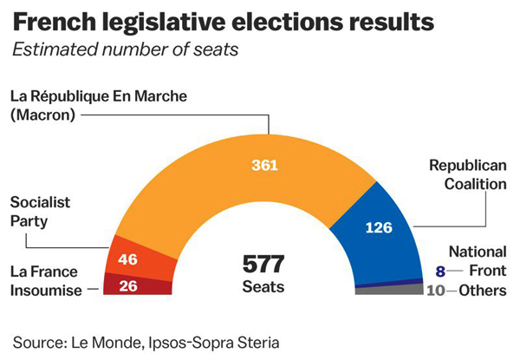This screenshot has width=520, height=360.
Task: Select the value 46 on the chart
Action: (128, 258)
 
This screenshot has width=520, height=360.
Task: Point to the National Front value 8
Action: (440, 271)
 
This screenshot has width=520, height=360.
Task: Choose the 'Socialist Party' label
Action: (40, 211)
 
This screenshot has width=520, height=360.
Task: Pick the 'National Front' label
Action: (478, 260)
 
